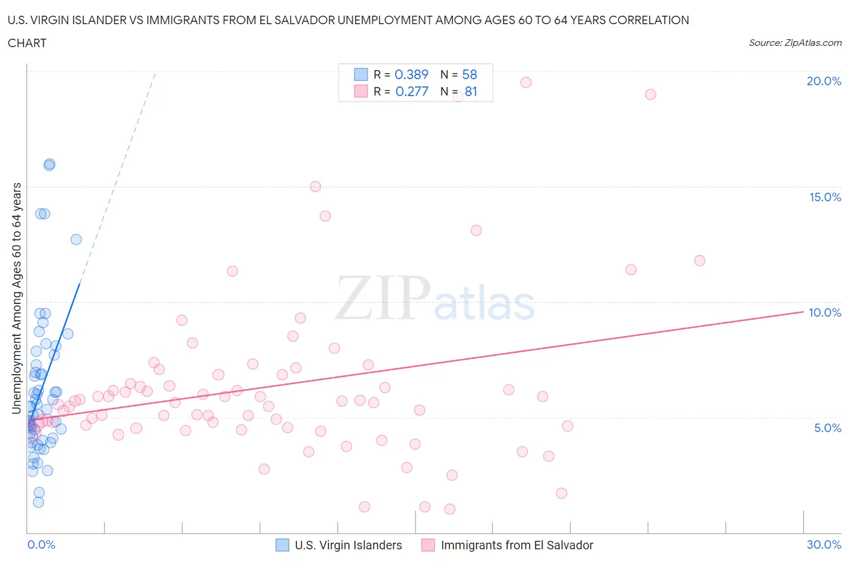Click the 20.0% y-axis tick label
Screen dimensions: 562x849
coord(824,81)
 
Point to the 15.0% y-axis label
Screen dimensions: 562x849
coord(825,197)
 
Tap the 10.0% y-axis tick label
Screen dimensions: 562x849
coord(825,312)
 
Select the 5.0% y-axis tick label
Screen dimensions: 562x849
coord(827,428)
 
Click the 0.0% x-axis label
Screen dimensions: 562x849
coord(41,544)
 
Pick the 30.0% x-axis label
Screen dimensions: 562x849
coord(824,544)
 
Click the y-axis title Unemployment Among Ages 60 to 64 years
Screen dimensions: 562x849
coord(16,298)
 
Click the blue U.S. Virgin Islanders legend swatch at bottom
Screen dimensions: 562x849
coord(282,545)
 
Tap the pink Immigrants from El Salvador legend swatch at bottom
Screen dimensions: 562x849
coord(428,545)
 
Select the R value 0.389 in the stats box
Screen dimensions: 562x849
coord(411,74)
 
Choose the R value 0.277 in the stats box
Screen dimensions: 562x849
coord(411,91)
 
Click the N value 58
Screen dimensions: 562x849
coord(469,74)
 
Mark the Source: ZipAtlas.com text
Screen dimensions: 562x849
coord(795,42)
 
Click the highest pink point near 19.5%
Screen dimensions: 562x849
coord(526,82)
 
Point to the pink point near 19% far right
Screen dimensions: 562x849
coord(650,94)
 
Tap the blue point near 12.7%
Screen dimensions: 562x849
coord(76,239)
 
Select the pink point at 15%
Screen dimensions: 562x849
coord(315,187)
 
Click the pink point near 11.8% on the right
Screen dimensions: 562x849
coord(700,260)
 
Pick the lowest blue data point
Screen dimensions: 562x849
coord(39,502)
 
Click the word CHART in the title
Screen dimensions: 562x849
coord(27,43)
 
